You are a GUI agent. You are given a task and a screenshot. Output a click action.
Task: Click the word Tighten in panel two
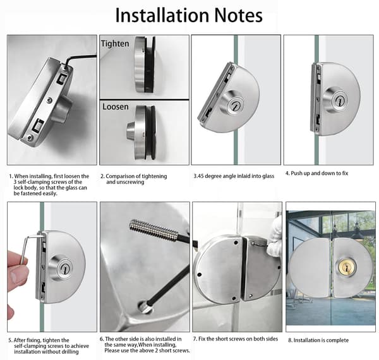[x=115, y=44]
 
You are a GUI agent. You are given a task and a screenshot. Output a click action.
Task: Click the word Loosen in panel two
[x=116, y=107]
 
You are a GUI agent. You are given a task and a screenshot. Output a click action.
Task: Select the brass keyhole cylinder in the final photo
[x=346, y=267]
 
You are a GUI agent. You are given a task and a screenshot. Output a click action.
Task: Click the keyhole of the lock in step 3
[x=235, y=106]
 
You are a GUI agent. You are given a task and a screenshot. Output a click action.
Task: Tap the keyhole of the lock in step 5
[x=64, y=268]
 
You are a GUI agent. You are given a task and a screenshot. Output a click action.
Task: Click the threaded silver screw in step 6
[x=153, y=229]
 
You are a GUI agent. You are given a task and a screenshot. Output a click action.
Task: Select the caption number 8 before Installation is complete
[x=290, y=340]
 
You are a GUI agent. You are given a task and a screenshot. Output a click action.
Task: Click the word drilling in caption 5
[x=69, y=352]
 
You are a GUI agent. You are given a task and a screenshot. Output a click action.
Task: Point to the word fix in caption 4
[x=345, y=173]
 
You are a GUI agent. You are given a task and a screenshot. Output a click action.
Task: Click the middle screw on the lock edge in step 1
[x=50, y=100]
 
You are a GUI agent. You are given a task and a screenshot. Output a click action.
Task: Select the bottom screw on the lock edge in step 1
[x=30, y=138]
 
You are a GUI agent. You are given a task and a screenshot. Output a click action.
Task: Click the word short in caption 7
[x=222, y=339]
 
